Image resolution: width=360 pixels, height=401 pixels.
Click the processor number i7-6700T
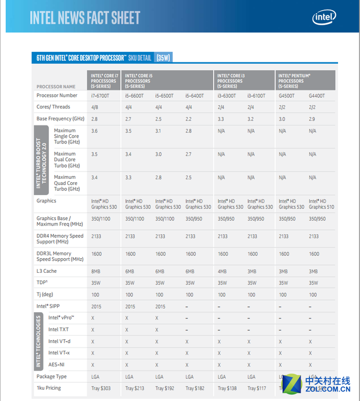[x=101, y=96]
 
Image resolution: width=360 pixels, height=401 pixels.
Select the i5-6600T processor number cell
[x=134, y=96]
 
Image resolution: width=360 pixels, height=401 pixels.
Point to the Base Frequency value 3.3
[x=222, y=119]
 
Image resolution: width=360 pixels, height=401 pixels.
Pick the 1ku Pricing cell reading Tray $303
[x=102, y=388]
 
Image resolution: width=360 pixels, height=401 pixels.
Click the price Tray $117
[x=258, y=388]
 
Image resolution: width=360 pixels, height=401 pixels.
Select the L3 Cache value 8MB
[x=97, y=271]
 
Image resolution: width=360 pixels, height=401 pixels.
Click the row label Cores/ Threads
[x=53, y=107]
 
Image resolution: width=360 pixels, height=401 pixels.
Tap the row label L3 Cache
[x=47, y=271]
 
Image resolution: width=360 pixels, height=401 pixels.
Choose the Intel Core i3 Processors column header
[x=231, y=80]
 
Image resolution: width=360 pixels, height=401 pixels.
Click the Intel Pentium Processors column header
[x=294, y=80]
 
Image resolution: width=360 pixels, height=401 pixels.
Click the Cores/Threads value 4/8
[x=96, y=107]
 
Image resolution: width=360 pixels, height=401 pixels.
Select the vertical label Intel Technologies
[x=39, y=342]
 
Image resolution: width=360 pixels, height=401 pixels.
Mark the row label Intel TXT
[x=58, y=330]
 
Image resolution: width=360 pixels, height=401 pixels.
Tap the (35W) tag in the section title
[x=163, y=57]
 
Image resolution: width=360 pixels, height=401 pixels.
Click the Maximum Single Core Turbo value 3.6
[x=95, y=130]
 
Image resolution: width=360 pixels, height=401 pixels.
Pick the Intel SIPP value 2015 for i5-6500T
[x=160, y=307]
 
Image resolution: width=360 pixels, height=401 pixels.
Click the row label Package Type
[x=51, y=376]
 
